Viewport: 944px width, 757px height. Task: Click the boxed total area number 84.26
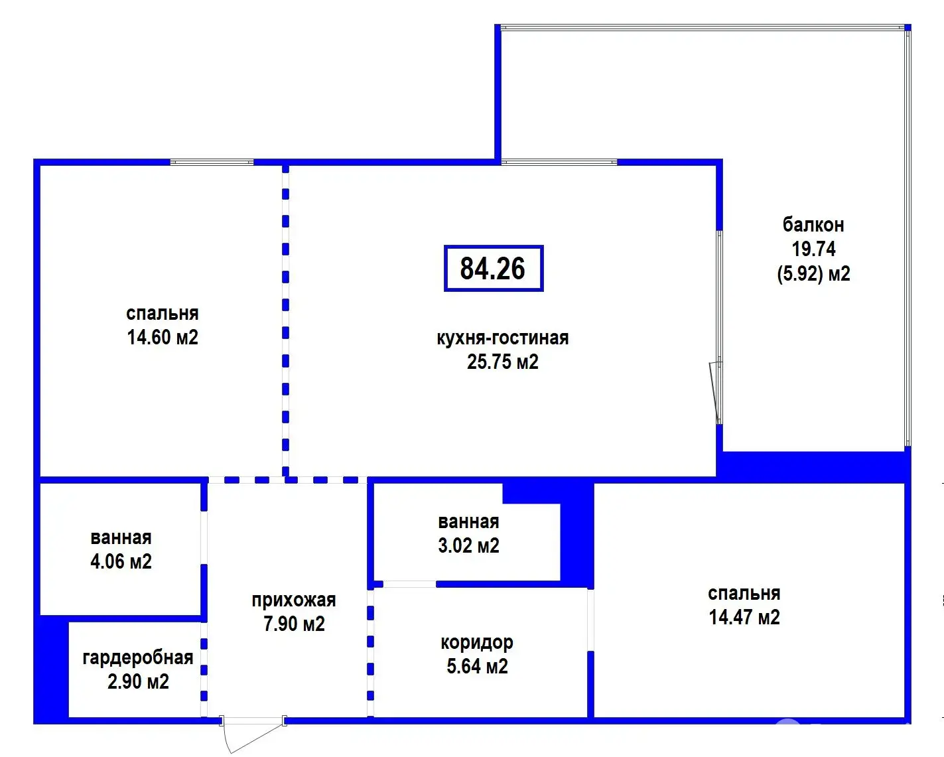[x=493, y=269]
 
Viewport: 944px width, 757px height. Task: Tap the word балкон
[x=813, y=225]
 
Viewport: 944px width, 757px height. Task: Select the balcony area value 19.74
[x=814, y=249]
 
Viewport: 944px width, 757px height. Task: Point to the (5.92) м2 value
[x=814, y=274]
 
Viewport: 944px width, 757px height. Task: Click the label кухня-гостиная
[x=503, y=338]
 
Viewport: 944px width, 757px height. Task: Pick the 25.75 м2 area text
[x=503, y=362]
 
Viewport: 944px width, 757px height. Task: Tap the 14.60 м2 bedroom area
[x=163, y=338]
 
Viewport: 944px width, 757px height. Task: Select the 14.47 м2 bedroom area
[x=744, y=618]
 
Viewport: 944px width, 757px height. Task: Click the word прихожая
[x=294, y=600]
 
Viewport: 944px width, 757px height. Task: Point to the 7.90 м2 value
[x=294, y=624]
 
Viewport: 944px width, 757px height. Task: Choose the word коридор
[x=477, y=643]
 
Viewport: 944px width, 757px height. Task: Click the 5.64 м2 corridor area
[x=477, y=667]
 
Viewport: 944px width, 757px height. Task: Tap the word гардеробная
[x=138, y=658]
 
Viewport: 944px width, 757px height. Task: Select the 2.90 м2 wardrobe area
[x=138, y=682]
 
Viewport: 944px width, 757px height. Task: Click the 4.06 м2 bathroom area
[x=121, y=562]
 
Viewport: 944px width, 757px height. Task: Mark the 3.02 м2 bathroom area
[x=468, y=546]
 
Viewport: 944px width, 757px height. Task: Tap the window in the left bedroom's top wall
[x=212, y=163]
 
